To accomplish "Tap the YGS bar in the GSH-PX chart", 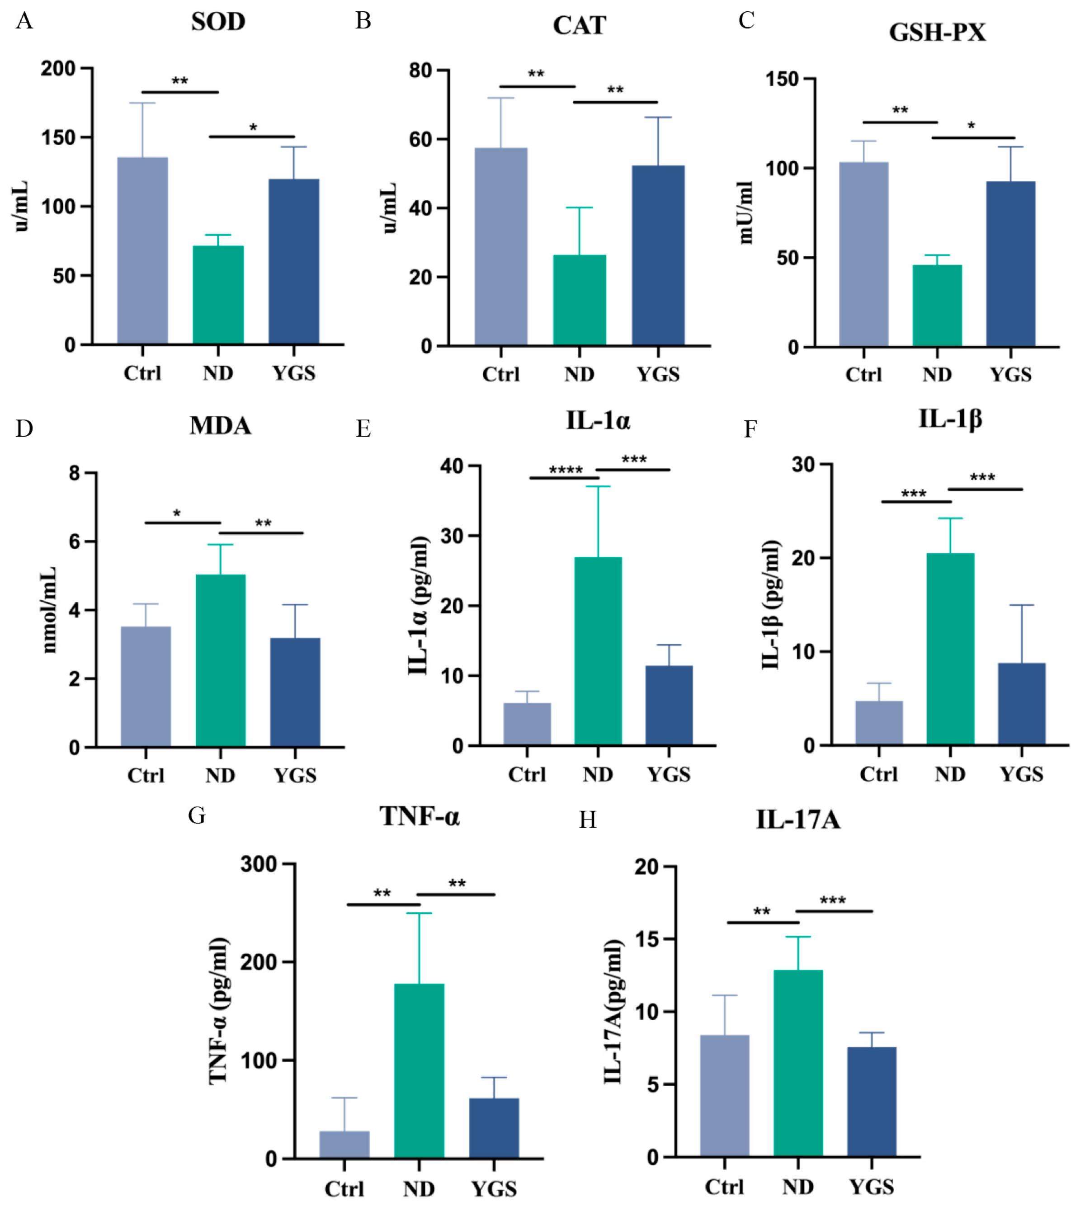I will (1010, 264).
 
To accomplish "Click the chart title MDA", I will (220, 426).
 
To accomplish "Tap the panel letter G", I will (197, 815).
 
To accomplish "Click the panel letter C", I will (746, 21).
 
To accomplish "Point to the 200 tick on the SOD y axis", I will (58, 69).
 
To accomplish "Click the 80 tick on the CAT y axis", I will (420, 71).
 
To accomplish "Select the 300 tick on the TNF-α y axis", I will (259, 864).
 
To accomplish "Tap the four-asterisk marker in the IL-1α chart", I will (565, 471).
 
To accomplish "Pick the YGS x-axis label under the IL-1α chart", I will (669, 774).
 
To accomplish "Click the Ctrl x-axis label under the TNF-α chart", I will (344, 1189).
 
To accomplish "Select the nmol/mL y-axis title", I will (49, 610).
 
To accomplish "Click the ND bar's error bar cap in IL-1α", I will (598, 486).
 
